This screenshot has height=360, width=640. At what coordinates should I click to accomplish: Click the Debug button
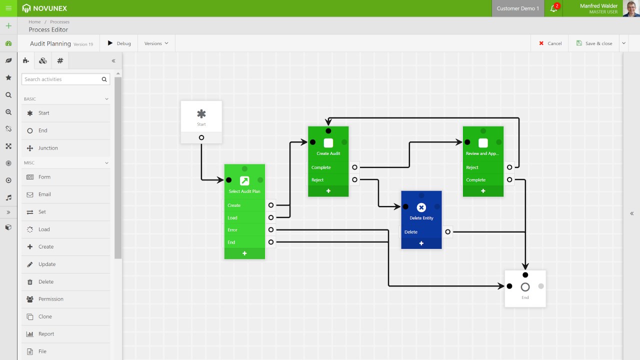[119, 43]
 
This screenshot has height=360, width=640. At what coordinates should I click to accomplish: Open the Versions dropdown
[156, 43]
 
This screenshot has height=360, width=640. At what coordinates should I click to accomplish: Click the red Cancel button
[550, 43]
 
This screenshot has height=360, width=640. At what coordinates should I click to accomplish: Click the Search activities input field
[61, 79]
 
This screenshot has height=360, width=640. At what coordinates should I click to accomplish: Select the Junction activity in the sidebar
[48, 148]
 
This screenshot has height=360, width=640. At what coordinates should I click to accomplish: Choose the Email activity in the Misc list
[44, 194]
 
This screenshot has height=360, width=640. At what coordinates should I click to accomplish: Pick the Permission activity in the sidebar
[50, 299]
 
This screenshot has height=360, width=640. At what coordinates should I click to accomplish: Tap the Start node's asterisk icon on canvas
[201, 114]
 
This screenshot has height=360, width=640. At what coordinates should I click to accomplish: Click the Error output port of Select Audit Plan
[271, 230]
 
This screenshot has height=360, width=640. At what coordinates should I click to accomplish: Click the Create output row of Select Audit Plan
[244, 205]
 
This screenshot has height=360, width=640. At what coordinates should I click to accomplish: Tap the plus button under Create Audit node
[328, 191]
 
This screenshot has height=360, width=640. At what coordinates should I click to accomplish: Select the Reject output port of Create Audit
[354, 179]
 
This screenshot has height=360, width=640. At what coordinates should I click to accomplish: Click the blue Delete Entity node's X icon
[421, 207]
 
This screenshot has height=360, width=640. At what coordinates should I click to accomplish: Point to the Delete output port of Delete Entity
[447, 232]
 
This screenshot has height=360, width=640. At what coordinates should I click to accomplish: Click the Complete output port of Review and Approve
[509, 179]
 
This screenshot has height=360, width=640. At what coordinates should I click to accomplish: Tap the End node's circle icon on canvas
[525, 287]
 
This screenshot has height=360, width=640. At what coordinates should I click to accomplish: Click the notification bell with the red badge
[553, 8]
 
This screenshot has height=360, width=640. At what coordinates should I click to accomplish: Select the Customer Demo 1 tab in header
[518, 8]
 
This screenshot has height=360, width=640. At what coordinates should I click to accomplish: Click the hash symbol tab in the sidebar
[60, 61]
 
